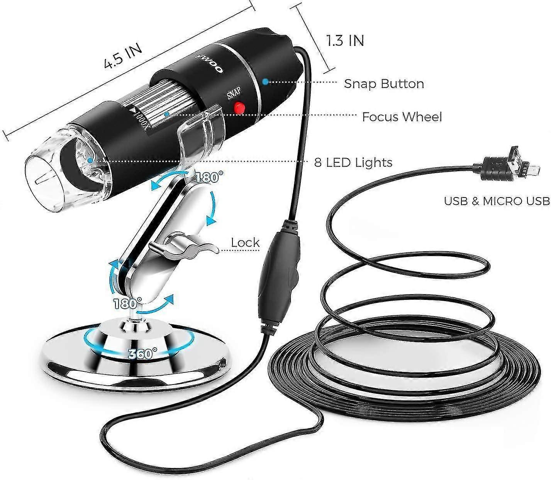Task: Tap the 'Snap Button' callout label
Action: coord(384,83)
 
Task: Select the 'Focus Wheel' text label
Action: coord(402,117)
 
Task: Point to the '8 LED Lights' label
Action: coord(353,162)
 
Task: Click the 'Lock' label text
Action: coord(245,243)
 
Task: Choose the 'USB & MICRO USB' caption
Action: coord(497,201)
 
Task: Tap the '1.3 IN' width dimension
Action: coord(345,40)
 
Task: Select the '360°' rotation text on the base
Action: coord(142,353)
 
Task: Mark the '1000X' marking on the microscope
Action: coord(141,118)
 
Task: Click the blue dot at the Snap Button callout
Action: coord(265,82)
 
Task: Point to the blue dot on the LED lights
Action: coord(90,160)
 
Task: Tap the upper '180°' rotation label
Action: coord(209,177)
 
